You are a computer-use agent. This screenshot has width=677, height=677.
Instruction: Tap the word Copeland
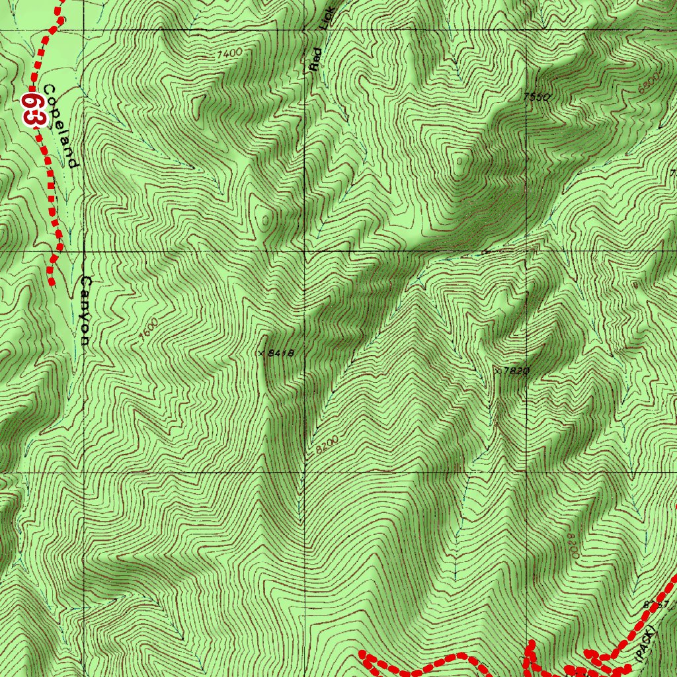[61, 126]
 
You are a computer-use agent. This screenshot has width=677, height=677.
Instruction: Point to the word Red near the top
[317, 60]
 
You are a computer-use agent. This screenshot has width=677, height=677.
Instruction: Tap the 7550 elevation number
[537, 97]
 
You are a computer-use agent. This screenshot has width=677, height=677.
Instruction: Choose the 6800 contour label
[649, 82]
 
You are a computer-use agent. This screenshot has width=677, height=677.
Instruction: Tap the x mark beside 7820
[497, 371]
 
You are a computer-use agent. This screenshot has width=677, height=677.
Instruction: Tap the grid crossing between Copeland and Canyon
[84, 252]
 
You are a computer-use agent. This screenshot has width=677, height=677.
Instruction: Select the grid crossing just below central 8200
[305, 473]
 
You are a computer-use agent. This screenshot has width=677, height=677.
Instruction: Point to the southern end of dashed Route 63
[52, 283]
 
